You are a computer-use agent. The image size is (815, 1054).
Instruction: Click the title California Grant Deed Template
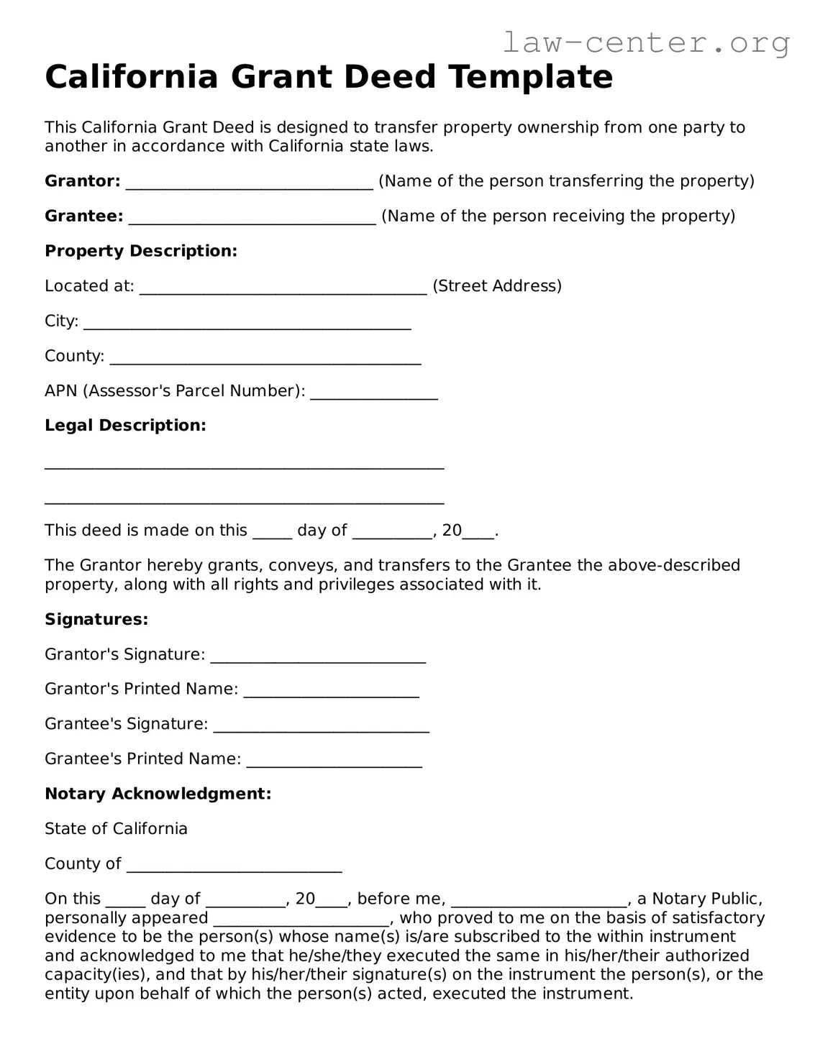(x=329, y=77)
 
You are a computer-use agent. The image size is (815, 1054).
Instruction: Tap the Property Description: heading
(x=141, y=251)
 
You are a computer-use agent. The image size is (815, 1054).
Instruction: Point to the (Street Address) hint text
(x=497, y=286)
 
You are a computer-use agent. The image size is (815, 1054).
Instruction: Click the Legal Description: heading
(x=125, y=426)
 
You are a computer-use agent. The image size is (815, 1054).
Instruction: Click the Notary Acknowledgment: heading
(x=158, y=794)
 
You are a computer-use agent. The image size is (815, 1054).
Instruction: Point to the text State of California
(x=116, y=829)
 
